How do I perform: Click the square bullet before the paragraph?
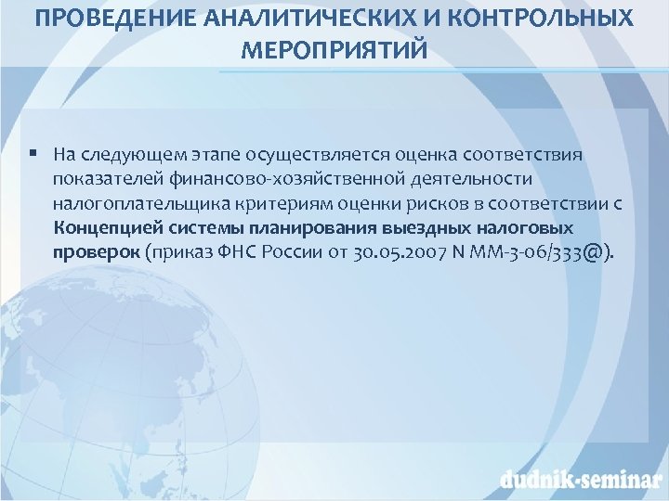tap(33, 152)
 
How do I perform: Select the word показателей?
tap(105, 177)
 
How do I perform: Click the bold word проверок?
tap(97, 252)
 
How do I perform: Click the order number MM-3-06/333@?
tap(534, 252)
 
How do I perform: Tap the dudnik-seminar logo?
tap(578, 479)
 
